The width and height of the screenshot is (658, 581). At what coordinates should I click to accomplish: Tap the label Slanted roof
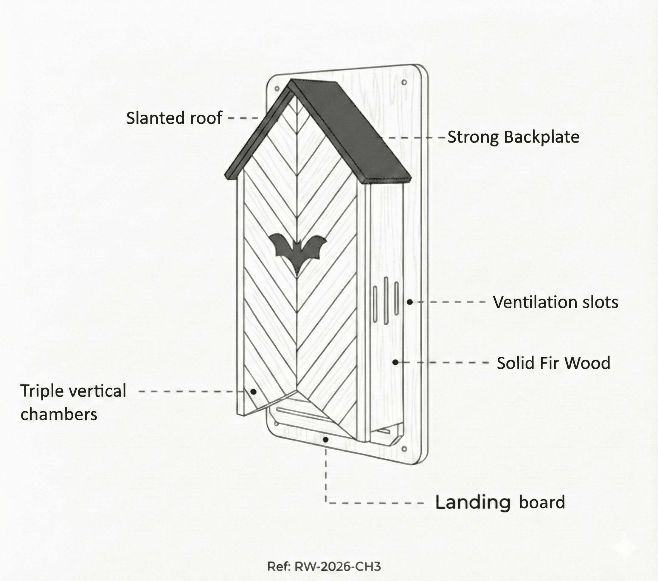click(x=174, y=118)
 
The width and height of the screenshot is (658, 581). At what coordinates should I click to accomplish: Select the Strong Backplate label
click(x=513, y=137)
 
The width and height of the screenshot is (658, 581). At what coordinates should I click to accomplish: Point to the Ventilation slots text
click(x=555, y=302)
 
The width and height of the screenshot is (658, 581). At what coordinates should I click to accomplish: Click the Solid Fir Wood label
click(x=553, y=363)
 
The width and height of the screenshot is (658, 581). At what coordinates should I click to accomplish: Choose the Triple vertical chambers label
click(x=73, y=402)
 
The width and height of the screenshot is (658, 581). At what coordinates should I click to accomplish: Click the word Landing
click(x=473, y=502)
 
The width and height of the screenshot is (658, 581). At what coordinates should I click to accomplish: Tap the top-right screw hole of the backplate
click(x=404, y=83)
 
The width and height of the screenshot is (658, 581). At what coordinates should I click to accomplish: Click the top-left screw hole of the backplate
click(x=277, y=88)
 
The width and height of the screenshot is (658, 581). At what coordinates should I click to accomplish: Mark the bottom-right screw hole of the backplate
click(x=404, y=449)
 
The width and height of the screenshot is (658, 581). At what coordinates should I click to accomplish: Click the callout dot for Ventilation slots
click(x=409, y=302)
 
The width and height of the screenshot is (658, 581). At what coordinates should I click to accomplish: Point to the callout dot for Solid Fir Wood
click(x=396, y=362)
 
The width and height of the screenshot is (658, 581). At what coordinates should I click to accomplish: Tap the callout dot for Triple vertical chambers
click(x=253, y=392)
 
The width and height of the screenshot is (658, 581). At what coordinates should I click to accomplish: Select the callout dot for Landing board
click(x=326, y=439)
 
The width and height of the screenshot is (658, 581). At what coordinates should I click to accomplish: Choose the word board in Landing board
click(x=542, y=502)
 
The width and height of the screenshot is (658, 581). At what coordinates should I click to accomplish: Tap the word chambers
click(x=59, y=414)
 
